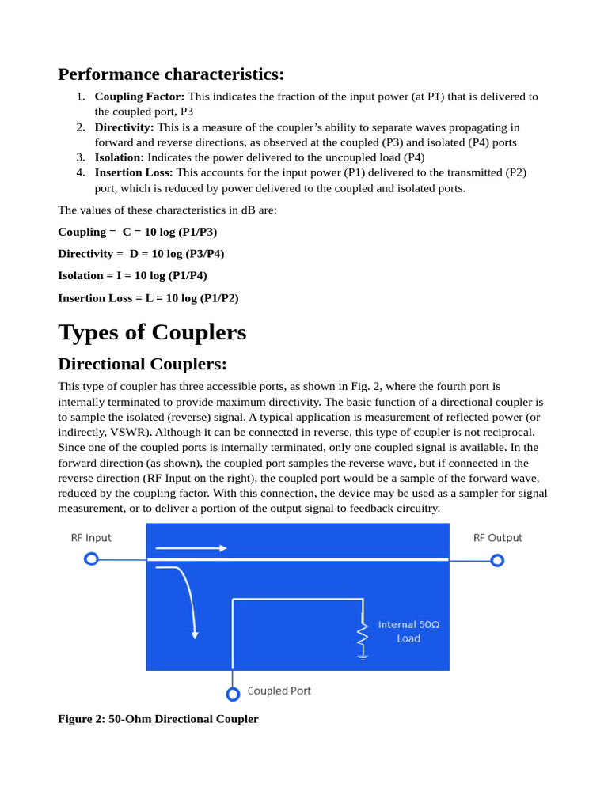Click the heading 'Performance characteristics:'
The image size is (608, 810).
(170, 74)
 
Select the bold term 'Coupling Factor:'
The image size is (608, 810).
(139, 97)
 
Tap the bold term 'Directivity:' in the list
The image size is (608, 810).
(124, 127)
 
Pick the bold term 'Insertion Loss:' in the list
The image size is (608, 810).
(134, 172)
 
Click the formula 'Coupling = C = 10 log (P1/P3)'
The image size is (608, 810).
(137, 232)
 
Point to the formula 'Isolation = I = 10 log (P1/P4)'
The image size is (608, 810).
(132, 275)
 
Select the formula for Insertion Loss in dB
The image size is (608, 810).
(148, 298)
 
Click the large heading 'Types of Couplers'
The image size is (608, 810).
(152, 332)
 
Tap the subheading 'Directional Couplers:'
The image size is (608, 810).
(142, 364)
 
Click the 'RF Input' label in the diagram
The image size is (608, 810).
(91, 538)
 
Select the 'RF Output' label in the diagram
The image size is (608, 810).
(498, 538)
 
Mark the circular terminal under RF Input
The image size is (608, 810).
(91, 559)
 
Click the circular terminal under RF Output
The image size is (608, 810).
(497, 561)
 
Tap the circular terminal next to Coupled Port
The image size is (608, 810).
(233, 695)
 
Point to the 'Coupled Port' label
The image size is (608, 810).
(279, 691)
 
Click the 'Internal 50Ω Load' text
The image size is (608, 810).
(408, 631)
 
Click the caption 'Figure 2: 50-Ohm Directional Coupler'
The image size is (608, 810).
(158, 719)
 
